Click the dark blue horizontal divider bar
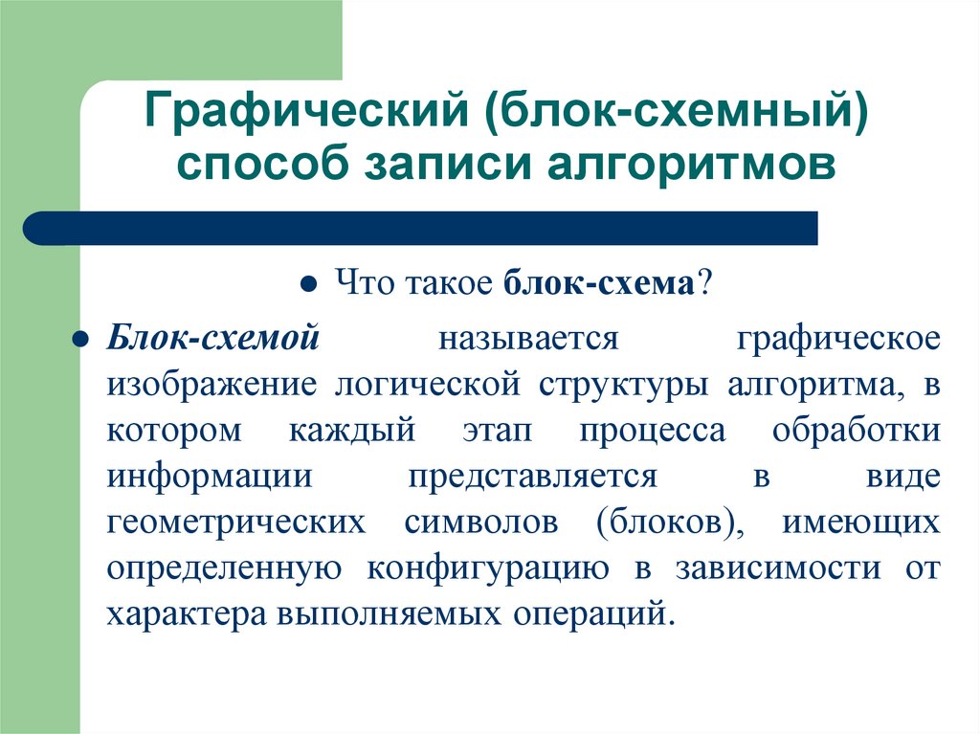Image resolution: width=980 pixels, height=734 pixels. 421,229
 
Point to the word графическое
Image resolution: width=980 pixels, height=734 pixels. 839,339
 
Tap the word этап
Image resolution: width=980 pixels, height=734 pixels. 496,431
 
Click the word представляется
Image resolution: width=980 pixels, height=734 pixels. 532,477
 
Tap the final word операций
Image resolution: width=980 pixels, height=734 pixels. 594,613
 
